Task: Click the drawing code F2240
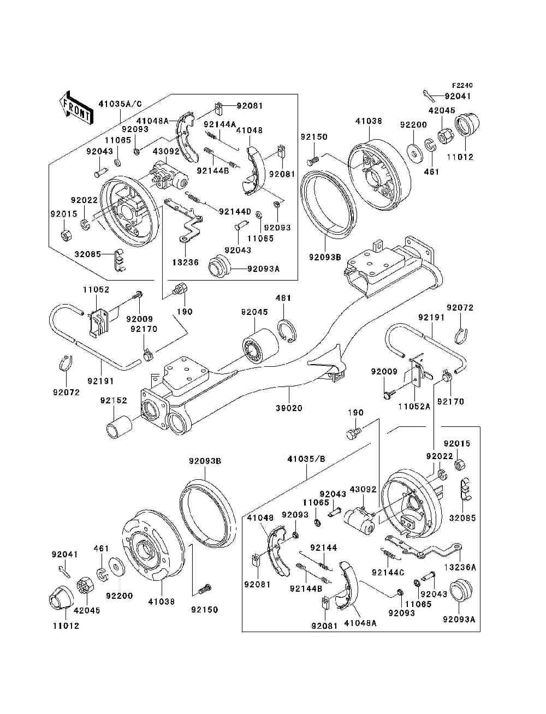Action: pyautogui.click(x=462, y=86)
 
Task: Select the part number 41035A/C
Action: pyautogui.click(x=120, y=103)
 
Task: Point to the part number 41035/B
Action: pyautogui.click(x=306, y=459)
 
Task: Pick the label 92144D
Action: pyautogui.click(x=235, y=211)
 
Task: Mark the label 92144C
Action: pyautogui.click(x=388, y=572)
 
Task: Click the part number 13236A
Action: pyautogui.click(x=460, y=567)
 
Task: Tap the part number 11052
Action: pyautogui.click(x=96, y=290)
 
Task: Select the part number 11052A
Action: pyautogui.click(x=414, y=406)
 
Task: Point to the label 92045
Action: pyautogui.click(x=254, y=312)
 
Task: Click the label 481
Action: pyautogui.click(x=283, y=298)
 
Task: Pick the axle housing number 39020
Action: pyautogui.click(x=289, y=408)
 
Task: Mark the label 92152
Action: pyautogui.click(x=113, y=400)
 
